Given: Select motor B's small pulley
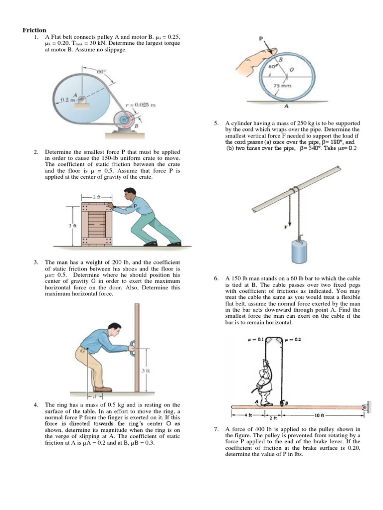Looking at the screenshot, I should (x=123, y=121).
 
